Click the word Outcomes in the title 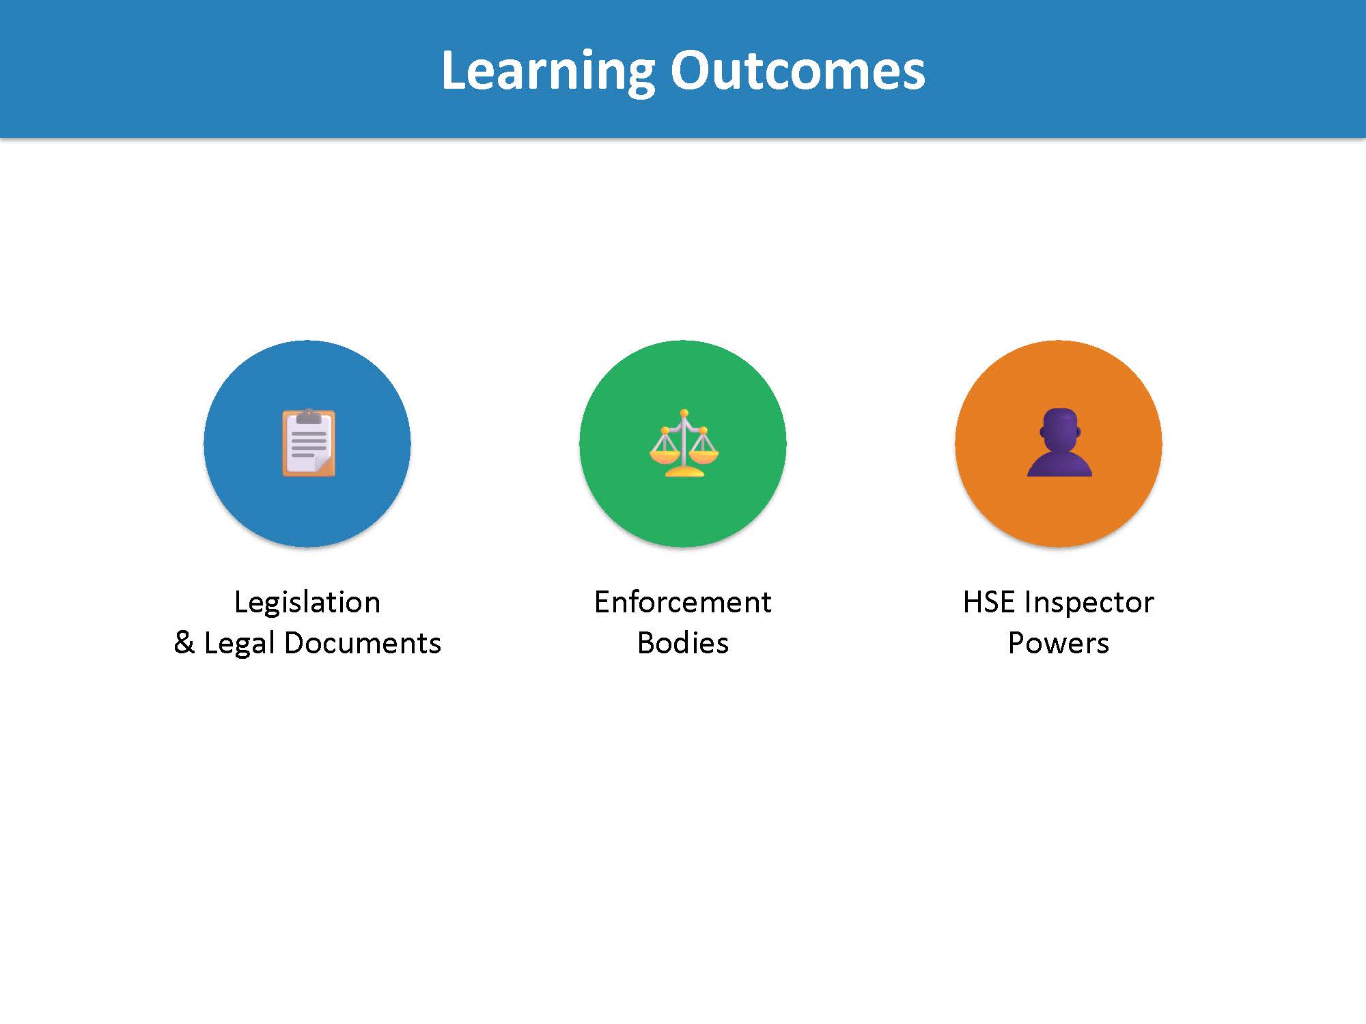[797, 71]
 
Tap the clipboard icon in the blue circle [309, 442]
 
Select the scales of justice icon [684, 443]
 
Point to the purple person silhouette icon [1059, 442]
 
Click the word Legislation [307, 602]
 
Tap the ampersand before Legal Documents [184, 643]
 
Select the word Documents [362, 643]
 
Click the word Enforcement [683, 602]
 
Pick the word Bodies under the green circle [683, 643]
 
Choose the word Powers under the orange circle [1059, 643]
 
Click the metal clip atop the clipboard [309, 416]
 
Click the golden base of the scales [684, 471]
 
